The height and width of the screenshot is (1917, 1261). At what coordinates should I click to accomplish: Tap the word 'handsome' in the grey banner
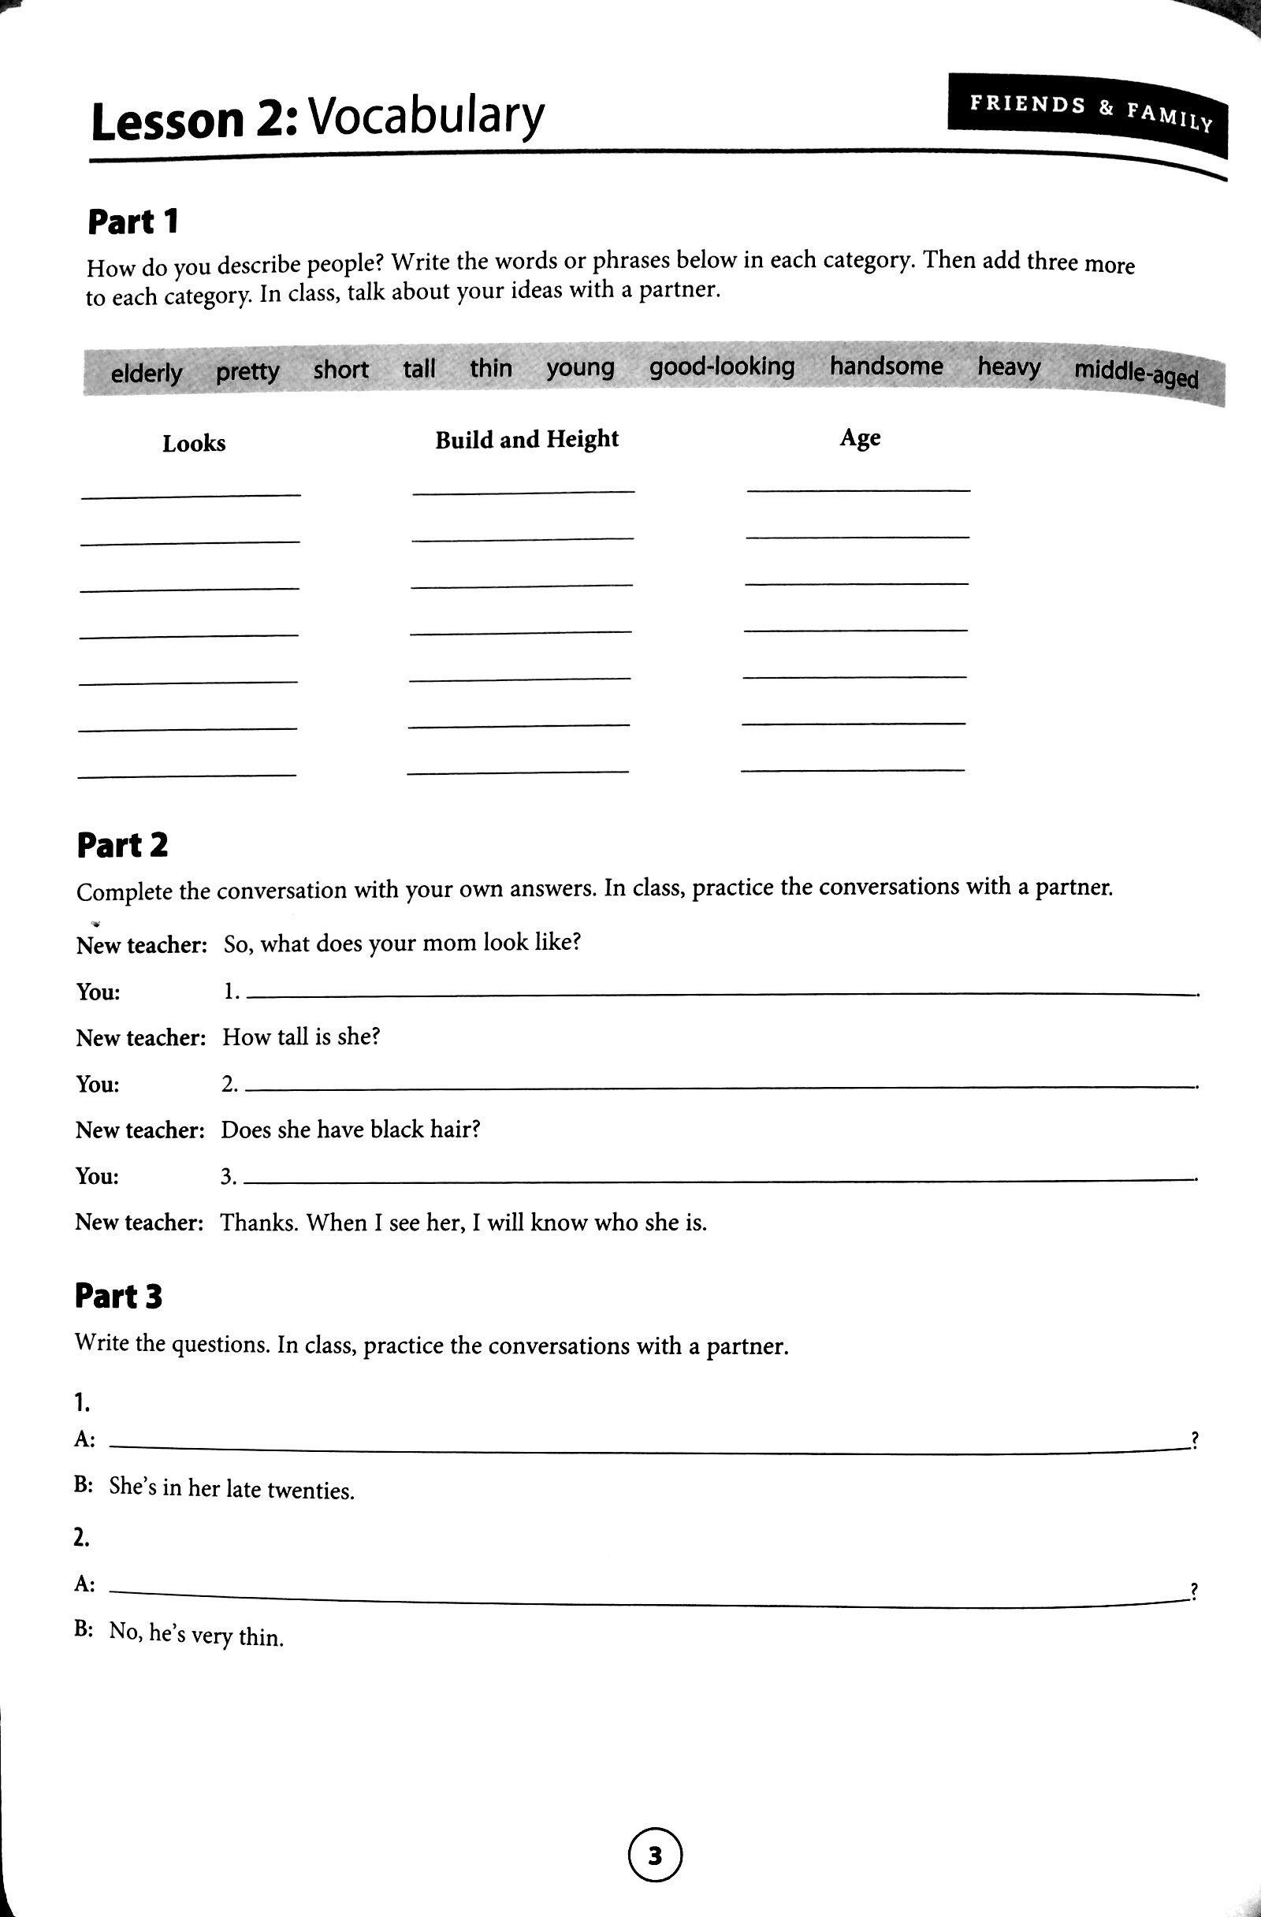point(886,367)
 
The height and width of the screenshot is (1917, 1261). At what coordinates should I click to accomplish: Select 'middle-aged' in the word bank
point(1136,374)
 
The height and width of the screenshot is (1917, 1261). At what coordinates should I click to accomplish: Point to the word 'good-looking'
point(721,367)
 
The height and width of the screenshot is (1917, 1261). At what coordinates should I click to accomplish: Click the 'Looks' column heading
point(194,443)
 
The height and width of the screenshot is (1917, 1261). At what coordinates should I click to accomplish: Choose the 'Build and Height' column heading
point(526,440)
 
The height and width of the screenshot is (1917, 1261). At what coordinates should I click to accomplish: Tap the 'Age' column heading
point(860,437)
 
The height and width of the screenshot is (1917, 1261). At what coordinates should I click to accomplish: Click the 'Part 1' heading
point(132,222)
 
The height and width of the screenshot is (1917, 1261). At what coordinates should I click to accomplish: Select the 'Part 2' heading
point(122,846)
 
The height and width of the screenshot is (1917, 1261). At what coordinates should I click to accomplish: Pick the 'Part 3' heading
point(118,1297)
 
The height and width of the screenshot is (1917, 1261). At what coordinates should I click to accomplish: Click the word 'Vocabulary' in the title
point(427,117)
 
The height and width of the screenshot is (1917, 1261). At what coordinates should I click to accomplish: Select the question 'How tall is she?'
point(300,1037)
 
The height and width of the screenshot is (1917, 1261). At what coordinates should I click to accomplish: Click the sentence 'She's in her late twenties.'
point(232,1488)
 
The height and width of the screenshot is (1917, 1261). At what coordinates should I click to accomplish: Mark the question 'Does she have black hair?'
point(351,1130)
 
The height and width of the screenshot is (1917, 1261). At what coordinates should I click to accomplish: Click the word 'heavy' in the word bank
point(1009,367)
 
